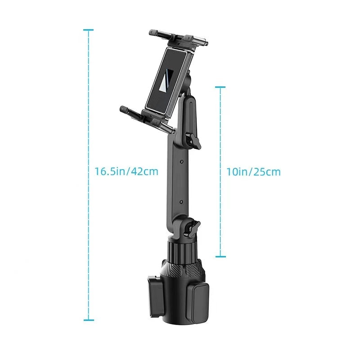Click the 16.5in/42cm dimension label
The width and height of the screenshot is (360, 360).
(126, 171)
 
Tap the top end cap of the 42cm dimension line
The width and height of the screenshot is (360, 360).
(89, 30)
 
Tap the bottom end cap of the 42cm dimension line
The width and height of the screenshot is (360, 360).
(89, 320)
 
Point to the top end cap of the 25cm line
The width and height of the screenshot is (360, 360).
(220, 87)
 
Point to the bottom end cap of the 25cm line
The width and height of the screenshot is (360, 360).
(220, 257)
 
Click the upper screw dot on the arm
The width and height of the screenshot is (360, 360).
(181, 161)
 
